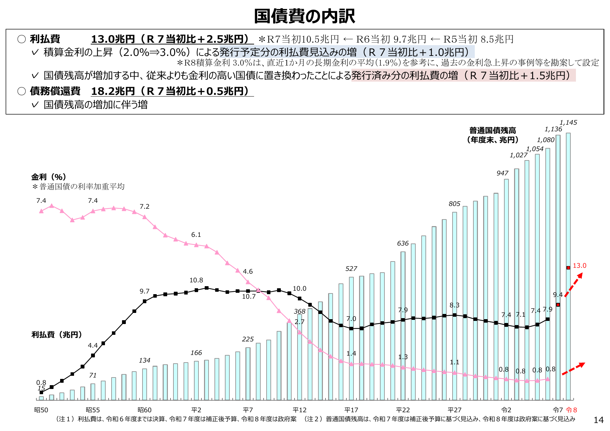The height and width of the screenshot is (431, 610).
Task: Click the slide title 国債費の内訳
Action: tap(304, 16)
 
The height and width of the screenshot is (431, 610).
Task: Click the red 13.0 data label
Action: tap(579, 266)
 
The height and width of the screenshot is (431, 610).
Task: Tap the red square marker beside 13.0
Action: tap(568, 268)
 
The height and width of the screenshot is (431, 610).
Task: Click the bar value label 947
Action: tap(502, 173)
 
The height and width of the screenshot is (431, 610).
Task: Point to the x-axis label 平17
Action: tap(351, 410)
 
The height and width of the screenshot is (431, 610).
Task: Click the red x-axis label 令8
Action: tap(571, 410)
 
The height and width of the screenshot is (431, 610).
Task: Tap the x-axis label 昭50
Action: tap(41, 410)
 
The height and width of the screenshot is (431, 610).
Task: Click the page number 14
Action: tap(598, 420)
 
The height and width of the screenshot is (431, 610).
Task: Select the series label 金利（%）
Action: tap(49, 177)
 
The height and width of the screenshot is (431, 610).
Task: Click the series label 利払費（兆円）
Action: tap(57, 334)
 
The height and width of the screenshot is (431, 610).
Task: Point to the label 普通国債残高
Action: tap(493, 131)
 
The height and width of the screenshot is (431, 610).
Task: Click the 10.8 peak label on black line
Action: tap(196, 280)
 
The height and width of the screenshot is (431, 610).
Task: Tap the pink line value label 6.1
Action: tap(196, 235)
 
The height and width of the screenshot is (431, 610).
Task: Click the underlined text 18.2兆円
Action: tap(113, 91)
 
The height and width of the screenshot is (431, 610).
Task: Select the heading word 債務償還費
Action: tap(55, 91)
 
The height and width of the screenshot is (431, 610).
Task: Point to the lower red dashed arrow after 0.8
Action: tap(574, 368)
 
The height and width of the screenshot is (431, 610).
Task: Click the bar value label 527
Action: tap(351, 269)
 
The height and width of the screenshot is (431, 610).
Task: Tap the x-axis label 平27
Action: tap(454, 410)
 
